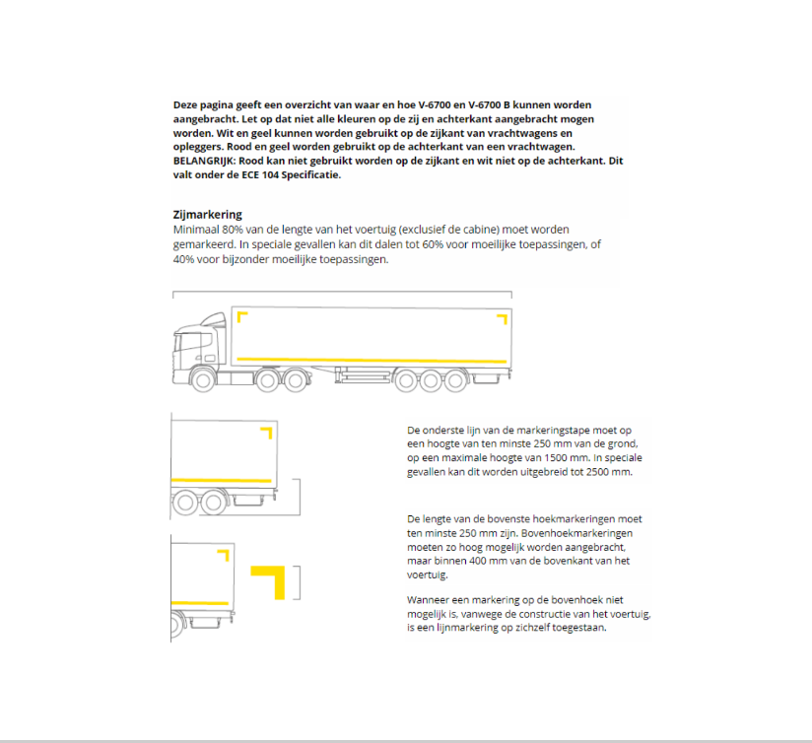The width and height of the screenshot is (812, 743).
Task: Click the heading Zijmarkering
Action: tap(207, 214)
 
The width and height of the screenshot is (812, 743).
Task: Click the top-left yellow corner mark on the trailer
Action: tap(241, 318)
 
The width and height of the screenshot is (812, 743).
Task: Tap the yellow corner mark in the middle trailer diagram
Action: tap(266, 432)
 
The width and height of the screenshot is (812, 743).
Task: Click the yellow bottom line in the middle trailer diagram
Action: tap(221, 481)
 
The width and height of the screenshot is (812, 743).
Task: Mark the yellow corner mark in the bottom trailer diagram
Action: tap(223, 555)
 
